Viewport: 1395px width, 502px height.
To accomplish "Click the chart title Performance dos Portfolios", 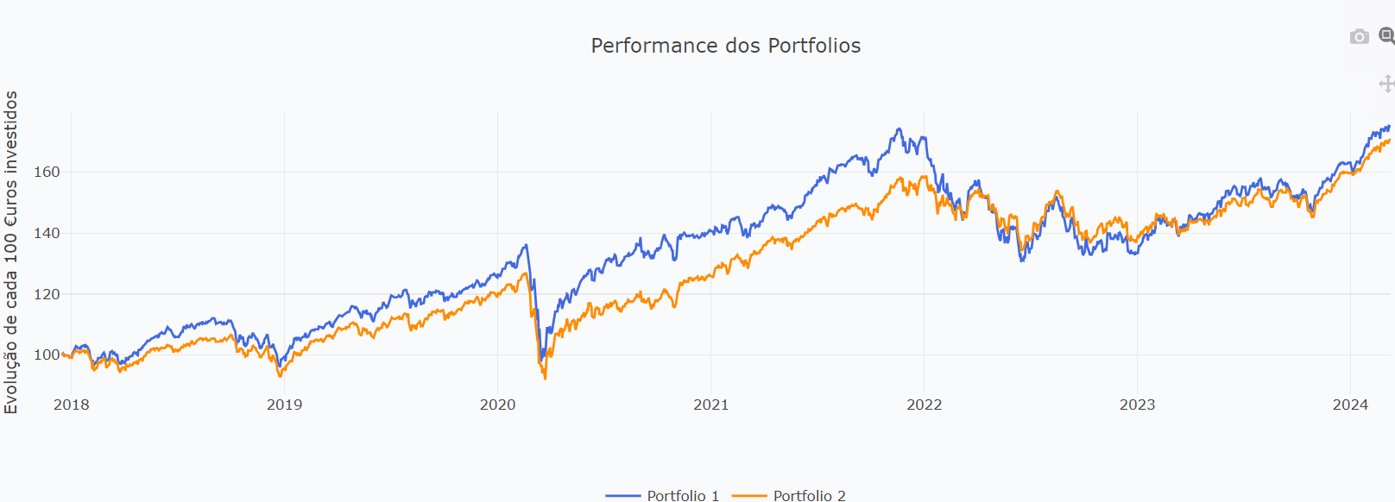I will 725,46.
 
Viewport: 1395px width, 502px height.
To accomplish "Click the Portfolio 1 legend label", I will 683,495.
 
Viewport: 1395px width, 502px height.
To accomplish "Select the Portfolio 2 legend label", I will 809,495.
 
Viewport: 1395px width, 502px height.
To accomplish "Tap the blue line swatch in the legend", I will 622,496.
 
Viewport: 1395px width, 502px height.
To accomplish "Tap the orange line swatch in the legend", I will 748,496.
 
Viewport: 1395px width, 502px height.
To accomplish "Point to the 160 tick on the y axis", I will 47,172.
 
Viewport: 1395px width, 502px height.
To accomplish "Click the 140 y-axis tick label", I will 47,233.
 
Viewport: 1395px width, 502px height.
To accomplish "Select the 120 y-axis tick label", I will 47,294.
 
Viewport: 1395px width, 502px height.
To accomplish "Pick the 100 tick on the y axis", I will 47,355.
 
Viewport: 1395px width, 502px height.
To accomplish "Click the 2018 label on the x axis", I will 71,405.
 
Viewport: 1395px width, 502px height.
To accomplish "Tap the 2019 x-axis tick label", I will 284,405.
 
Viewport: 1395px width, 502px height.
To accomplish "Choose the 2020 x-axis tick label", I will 497,405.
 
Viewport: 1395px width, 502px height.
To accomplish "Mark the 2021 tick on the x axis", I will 710,405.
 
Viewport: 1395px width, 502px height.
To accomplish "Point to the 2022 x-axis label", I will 924,405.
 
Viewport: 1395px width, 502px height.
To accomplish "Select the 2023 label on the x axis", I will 1137,405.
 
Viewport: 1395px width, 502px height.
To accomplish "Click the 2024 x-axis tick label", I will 1350,405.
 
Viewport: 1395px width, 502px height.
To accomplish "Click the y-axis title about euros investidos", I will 11,252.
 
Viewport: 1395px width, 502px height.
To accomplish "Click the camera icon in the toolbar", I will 1359,36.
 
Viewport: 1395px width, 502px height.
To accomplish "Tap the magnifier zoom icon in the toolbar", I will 1386,36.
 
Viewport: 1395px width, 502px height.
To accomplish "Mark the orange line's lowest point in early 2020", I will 545,378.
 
